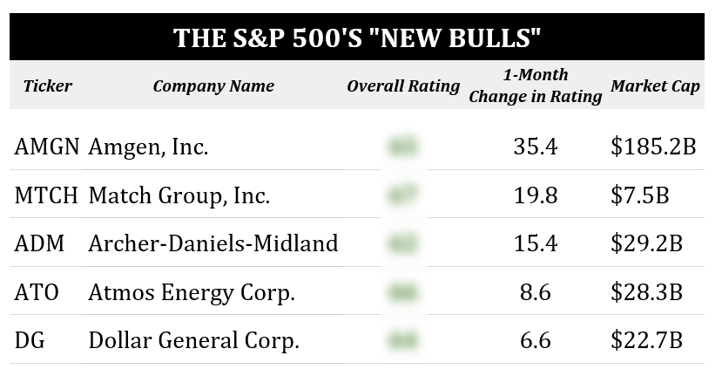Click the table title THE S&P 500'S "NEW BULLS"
click(357, 38)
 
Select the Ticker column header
click(48, 85)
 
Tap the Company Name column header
click(213, 85)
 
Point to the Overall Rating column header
click(403, 85)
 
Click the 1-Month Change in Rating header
click(536, 85)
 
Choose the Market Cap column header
click(655, 85)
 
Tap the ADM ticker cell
click(40, 243)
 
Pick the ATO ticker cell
click(37, 292)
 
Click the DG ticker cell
click(30, 340)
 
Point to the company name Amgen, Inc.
click(148, 147)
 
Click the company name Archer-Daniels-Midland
click(213, 243)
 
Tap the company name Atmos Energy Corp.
click(192, 292)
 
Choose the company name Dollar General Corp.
click(194, 340)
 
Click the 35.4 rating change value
click(536, 147)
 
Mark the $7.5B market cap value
click(639, 195)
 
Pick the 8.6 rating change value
click(536, 292)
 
